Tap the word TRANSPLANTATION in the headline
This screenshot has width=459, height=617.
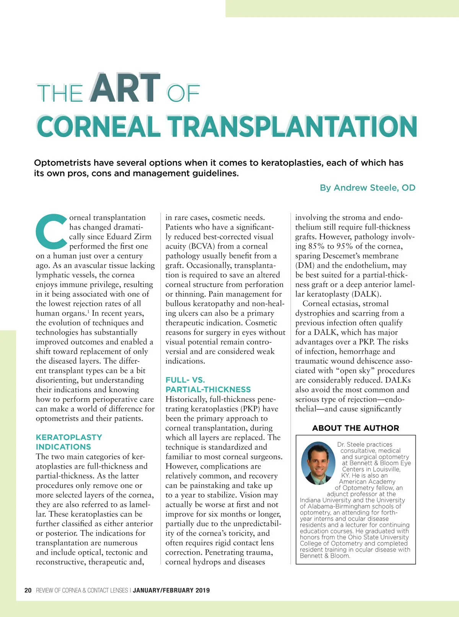(x=293, y=127)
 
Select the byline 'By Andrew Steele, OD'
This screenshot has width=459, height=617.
(x=367, y=188)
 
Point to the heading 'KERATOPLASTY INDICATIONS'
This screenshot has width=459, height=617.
(x=69, y=442)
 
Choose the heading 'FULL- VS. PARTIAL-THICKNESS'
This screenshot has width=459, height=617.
(x=208, y=385)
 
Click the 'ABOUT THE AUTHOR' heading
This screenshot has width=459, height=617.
(x=355, y=428)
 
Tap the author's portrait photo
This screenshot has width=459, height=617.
(x=318, y=463)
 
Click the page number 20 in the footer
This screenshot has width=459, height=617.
(x=28, y=590)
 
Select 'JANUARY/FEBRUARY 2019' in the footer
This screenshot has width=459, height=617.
(x=171, y=590)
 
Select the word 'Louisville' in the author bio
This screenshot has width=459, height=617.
(x=386, y=469)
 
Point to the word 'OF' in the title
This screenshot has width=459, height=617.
(x=184, y=93)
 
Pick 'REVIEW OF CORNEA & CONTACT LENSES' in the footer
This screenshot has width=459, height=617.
(x=82, y=590)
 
